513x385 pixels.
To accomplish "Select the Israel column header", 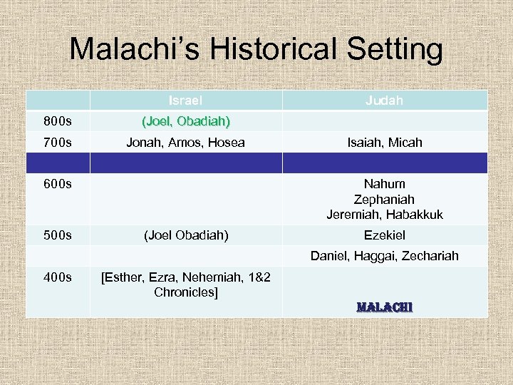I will point(185,101).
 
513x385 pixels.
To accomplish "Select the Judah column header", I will point(384,101).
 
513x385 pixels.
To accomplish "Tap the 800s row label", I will point(57,121).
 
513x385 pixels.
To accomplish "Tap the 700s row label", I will point(57,143).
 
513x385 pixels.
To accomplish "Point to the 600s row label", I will point(57,184).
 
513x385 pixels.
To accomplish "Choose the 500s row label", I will point(57,235).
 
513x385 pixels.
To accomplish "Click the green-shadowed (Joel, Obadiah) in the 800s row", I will point(185,121).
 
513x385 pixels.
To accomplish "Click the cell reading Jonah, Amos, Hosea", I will point(185,143).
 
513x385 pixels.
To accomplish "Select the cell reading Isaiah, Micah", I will point(385,143).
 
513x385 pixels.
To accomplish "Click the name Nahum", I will point(385,185).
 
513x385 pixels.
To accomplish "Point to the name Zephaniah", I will point(385,200).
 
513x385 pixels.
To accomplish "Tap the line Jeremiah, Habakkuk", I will point(385,215).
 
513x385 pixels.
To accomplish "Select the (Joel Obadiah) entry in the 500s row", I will point(185,235).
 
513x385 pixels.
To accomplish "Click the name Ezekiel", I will point(385,235).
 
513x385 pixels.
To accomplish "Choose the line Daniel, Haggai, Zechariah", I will point(385,256).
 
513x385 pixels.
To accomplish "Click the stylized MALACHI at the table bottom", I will point(385,308).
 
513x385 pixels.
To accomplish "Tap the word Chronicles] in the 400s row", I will point(185,292).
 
